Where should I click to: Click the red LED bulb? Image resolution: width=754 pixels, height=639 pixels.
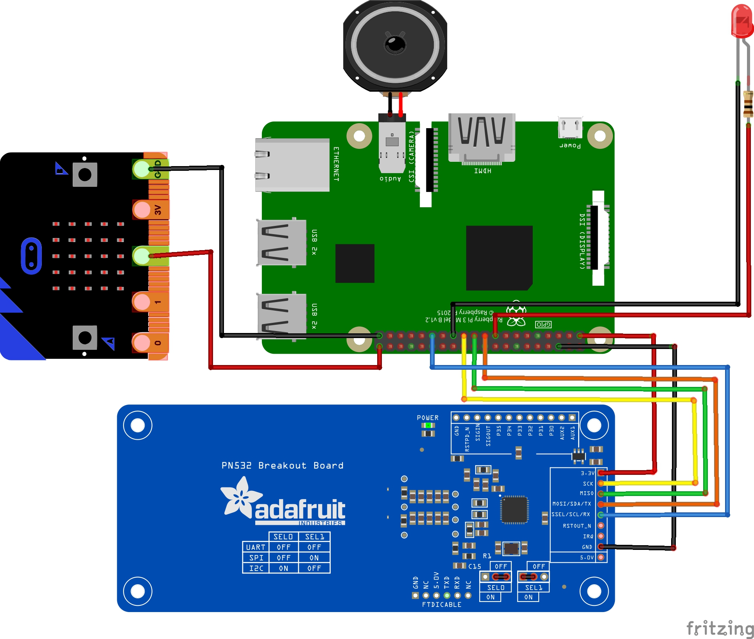click(x=741, y=21)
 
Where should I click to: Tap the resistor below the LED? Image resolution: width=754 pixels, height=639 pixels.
click(x=748, y=104)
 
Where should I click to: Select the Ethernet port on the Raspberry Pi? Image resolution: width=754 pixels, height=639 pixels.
click(x=292, y=165)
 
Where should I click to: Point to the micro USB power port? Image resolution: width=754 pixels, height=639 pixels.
click(x=570, y=127)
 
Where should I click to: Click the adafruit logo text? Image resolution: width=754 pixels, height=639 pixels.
click(x=300, y=510)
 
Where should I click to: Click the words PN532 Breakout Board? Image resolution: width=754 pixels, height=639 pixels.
click(x=282, y=465)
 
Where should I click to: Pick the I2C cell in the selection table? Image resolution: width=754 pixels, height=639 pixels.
click(x=256, y=568)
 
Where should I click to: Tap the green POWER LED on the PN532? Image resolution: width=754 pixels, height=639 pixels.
click(x=428, y=425)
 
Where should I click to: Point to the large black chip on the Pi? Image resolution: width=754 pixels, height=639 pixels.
click(x=499, y=258)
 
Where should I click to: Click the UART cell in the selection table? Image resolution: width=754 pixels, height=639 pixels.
click(x=256, y=547)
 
